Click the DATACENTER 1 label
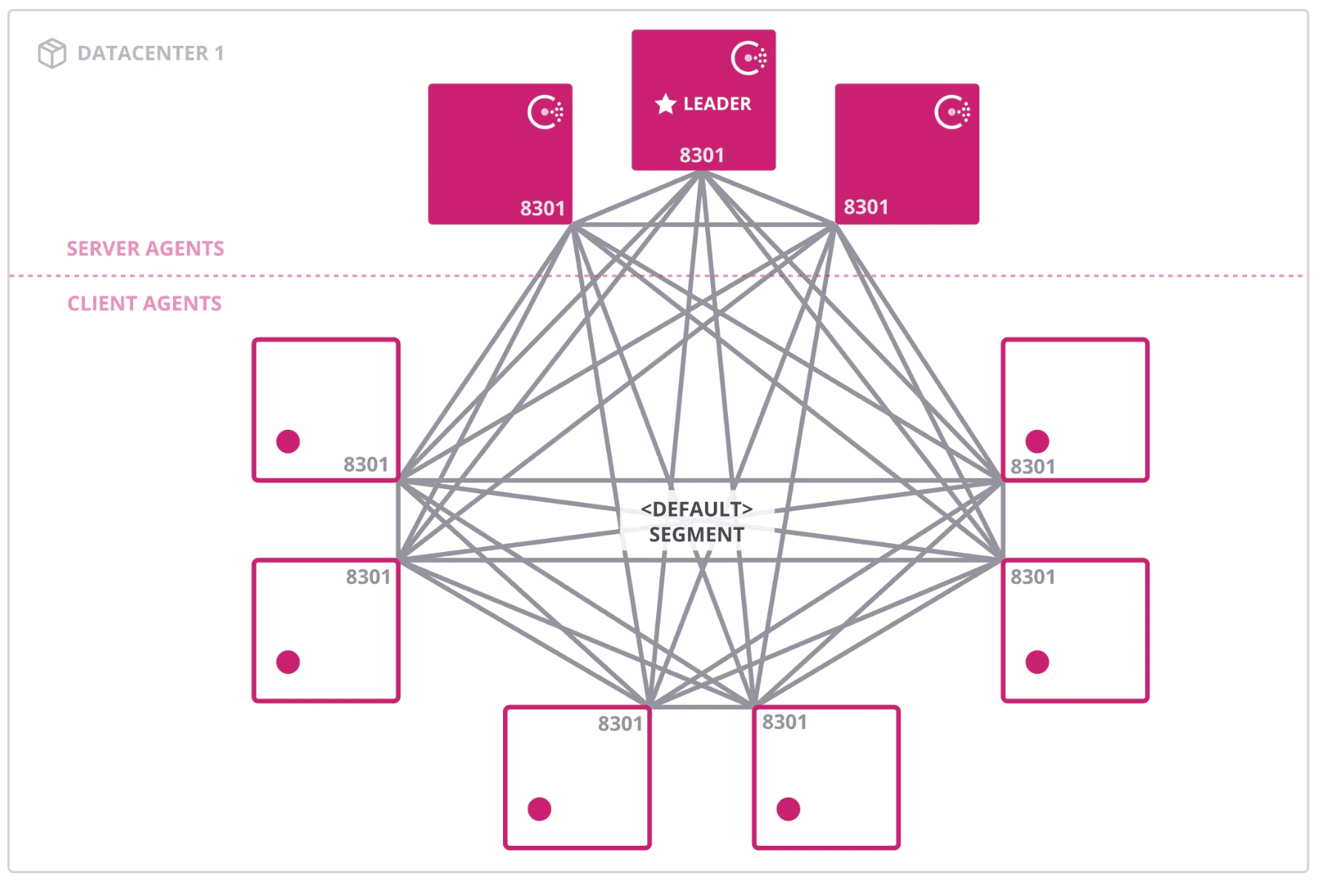point(150,53)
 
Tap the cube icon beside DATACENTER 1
point(52,53)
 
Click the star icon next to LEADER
point(666,104)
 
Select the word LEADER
point(717,104)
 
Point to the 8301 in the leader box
point(702,155)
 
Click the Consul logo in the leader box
point(749,58)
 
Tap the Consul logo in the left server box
point(545,112)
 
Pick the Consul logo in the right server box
point(952,112)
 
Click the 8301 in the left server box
point(542,209)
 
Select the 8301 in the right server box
point(865,207)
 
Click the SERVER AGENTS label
point(145,249)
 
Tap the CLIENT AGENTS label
point(144,303)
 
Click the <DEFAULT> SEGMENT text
point(697,522)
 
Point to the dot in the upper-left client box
point(288,441)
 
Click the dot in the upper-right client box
point(1037,441)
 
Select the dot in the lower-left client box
point(288,661)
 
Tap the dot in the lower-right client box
point(1037,661)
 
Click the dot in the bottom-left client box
point(539,809)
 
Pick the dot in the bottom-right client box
point(789,809)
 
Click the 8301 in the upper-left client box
point(365,465)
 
